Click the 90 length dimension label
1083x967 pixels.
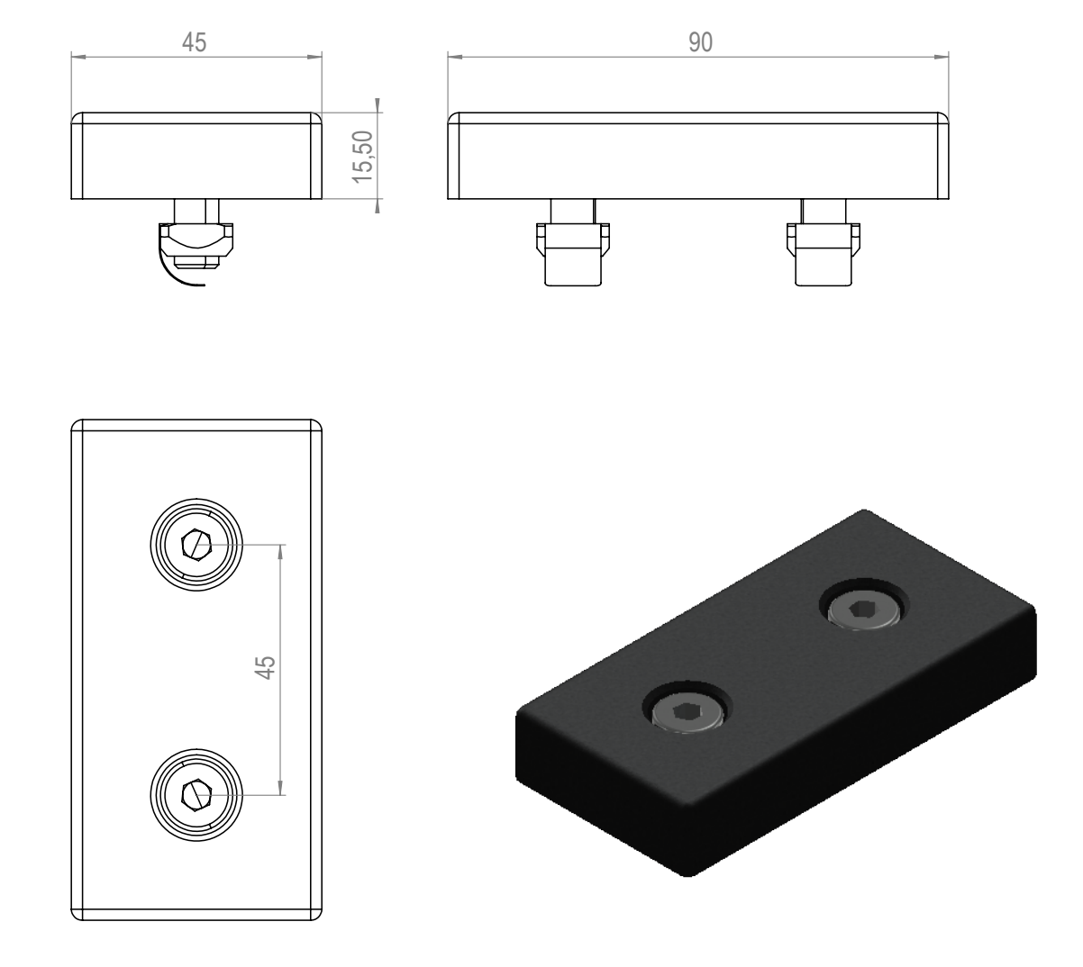700,42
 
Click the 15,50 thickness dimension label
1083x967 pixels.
363,157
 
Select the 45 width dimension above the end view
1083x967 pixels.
194,42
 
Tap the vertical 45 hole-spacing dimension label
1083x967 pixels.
265,668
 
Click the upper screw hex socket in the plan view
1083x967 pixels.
196,546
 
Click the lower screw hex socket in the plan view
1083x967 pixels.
196,796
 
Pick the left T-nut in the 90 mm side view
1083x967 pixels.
573,242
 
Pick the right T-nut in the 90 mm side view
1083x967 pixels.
824,242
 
